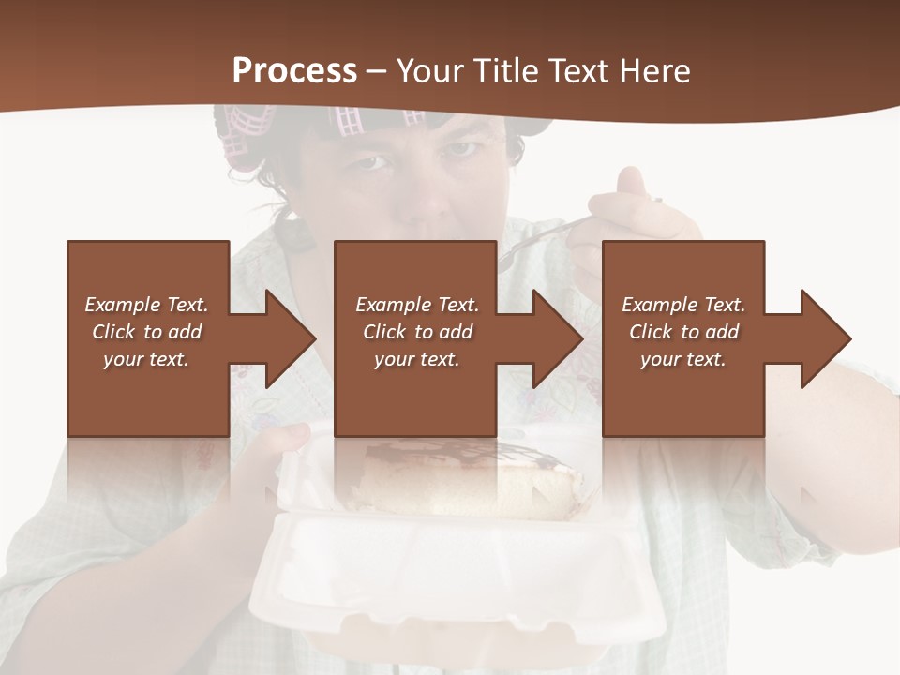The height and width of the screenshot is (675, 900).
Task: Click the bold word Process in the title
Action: tap(294, 71)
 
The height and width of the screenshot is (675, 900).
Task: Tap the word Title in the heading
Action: tap(505, 71)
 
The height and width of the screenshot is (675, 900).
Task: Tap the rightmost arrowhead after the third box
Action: tap(824, 338)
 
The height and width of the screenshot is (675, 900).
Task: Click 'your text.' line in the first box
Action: tap(146, 359)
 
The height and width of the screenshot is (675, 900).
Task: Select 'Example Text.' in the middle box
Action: tap(417, 305)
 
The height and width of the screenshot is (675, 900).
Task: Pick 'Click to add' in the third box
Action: tap(683, 332)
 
